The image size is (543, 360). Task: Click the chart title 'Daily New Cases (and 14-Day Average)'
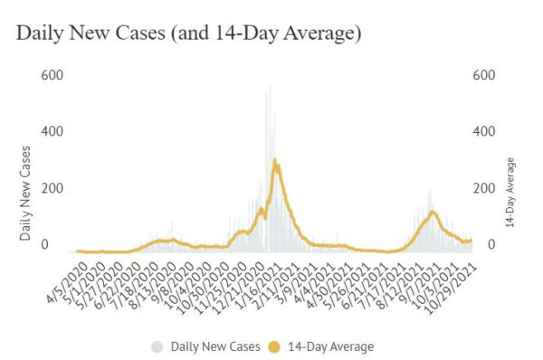click(189, 33)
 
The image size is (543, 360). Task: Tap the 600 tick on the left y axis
click(52, 74)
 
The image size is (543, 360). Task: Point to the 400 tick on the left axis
click(52, 131)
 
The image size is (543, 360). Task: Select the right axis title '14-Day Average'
click(510, 192)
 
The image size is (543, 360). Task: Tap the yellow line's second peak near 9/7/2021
click(433, 212)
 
